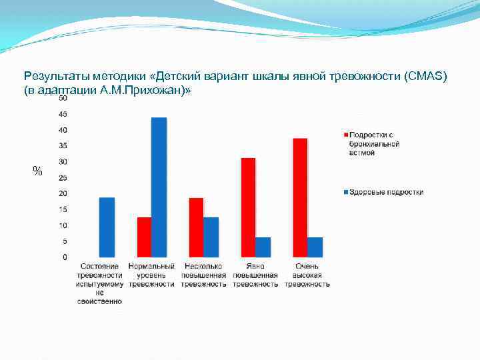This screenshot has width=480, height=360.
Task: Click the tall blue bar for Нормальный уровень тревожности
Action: point(159,187)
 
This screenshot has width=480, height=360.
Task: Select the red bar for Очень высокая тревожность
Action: point(300,197)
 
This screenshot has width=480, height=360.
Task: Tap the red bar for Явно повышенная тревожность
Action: point(248,207)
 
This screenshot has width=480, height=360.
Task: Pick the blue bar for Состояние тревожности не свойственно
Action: point(107,227)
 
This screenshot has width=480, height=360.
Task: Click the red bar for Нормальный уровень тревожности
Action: point(144,237)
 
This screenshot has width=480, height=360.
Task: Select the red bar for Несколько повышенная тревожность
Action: point(196,227)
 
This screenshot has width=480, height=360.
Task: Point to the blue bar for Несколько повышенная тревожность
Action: point(211,237)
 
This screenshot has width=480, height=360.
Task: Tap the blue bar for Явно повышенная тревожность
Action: point(263,247)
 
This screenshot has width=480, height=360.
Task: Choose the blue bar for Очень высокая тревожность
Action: point(315,247)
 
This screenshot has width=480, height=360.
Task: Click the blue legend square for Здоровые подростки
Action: point(345,192)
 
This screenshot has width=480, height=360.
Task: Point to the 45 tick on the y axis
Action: point(62,114)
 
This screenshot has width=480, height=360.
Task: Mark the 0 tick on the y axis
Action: point(65,257)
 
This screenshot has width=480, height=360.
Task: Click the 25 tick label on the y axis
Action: point(62,178)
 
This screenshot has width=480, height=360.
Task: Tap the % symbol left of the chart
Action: point(37,172)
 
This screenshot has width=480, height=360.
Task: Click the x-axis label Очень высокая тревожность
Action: point(307,275)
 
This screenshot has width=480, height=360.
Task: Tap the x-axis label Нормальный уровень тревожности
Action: point(151,275)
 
